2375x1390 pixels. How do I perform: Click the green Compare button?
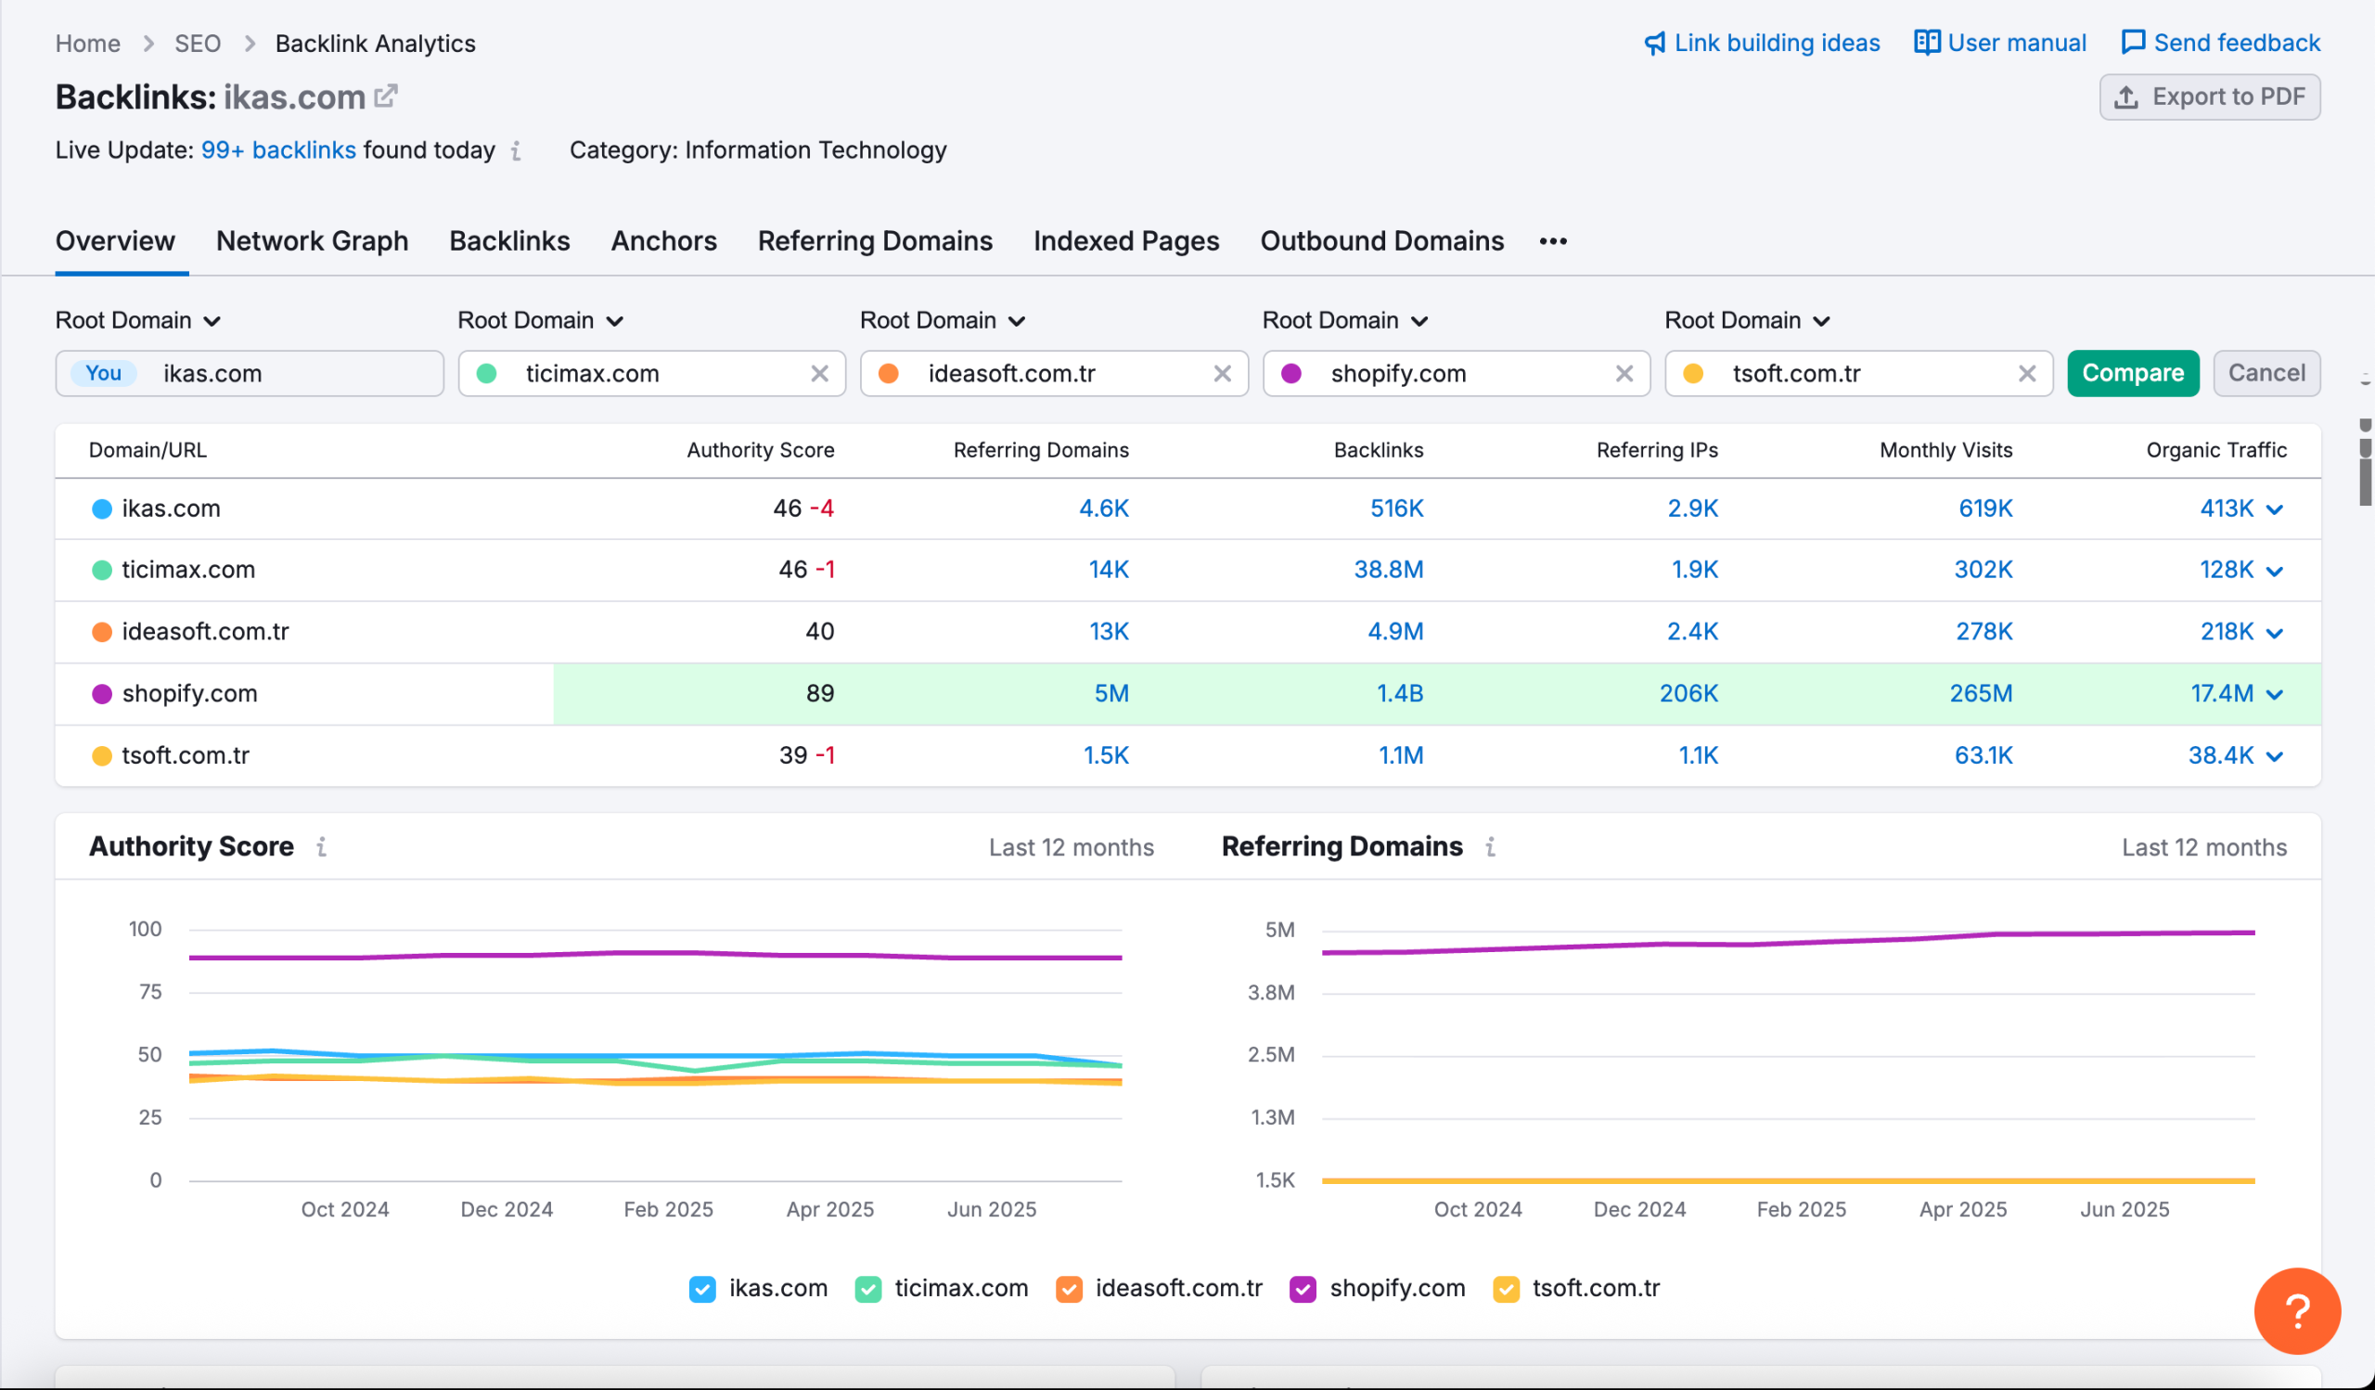[2132, 373]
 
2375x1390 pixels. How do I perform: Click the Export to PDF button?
[2209, 97]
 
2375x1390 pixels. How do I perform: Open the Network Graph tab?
[312, 241]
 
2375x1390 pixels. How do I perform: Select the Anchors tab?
[663, 241]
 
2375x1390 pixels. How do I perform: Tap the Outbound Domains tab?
[1381, 241]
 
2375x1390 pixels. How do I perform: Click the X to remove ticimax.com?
[819, 374]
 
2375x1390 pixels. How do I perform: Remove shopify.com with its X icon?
[1624, 374]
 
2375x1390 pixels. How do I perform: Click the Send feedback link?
[2220, 44]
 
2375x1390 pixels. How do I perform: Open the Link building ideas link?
[1762, 44]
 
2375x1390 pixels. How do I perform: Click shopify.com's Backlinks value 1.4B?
[1400, 693]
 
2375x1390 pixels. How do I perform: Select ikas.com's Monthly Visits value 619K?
[1984, 508]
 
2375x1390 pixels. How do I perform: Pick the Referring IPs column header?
[1657, 450]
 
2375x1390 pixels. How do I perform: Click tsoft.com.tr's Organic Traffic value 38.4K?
[2220, 756]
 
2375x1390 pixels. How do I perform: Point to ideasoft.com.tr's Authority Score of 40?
[819, 631]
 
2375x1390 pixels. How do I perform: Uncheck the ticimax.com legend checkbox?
[868, 1289]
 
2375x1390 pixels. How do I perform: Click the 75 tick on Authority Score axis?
[150, 992]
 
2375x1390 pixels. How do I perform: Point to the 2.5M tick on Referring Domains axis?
[1270, 1054]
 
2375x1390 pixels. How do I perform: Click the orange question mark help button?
[2297, 1311]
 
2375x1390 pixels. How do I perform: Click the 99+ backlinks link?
[278, 150]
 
